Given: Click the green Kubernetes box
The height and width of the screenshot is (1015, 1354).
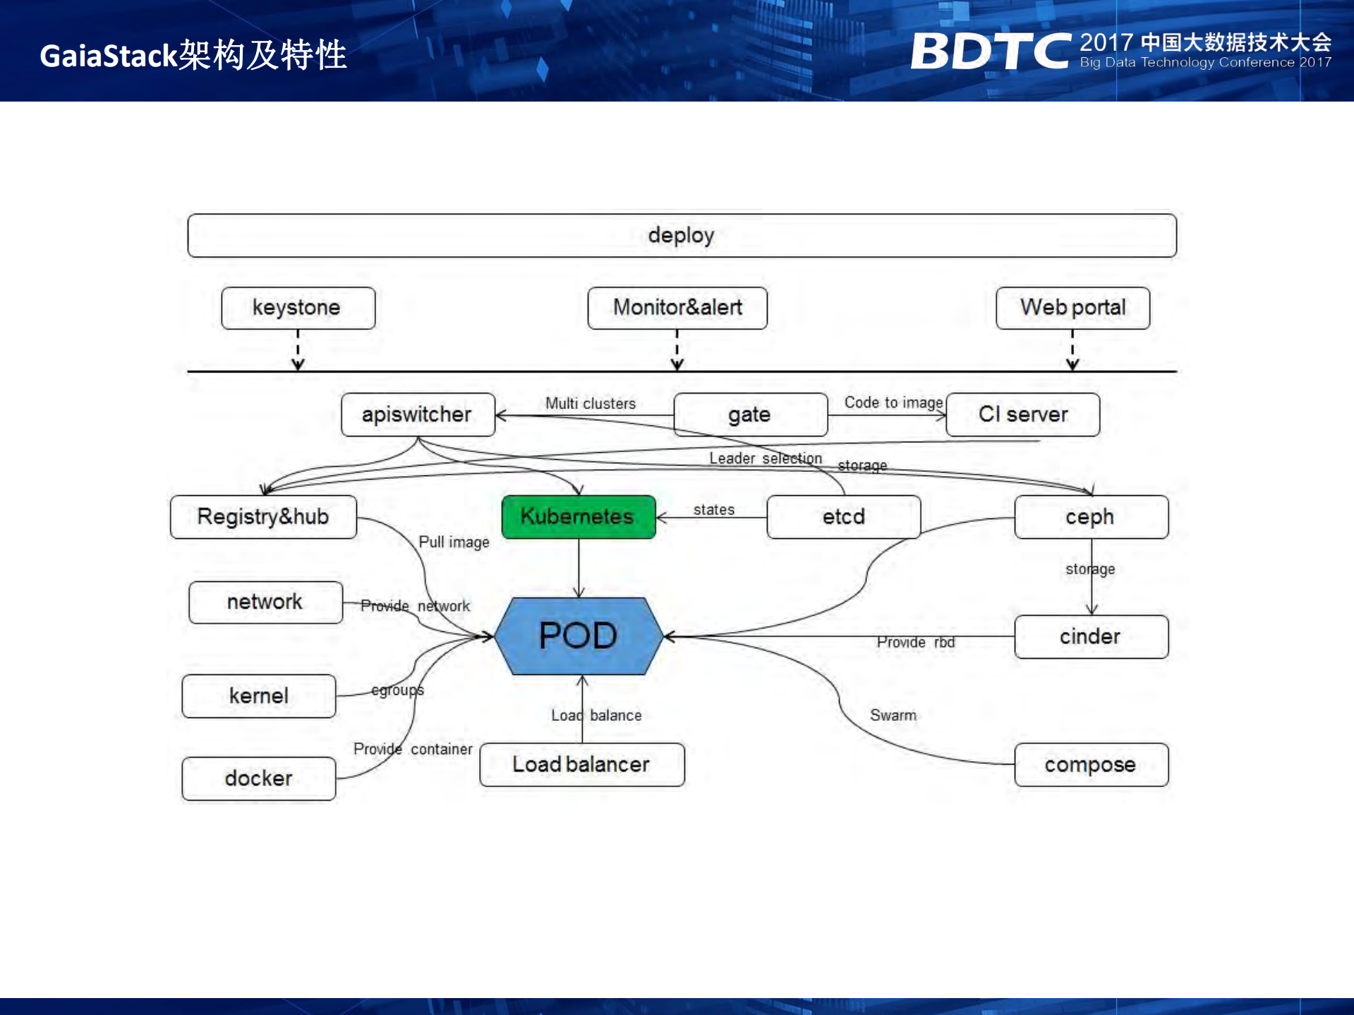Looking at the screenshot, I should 578,517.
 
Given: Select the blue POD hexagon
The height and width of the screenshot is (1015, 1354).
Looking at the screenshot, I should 578,636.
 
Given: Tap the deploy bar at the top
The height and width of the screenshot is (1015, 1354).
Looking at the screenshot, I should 681,236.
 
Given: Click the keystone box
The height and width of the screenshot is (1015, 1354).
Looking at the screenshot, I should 297,308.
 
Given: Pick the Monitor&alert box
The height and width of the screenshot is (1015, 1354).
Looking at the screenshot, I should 677,308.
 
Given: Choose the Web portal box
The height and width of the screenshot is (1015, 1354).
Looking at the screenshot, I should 1072,308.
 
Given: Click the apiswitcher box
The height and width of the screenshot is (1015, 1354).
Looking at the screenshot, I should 417,415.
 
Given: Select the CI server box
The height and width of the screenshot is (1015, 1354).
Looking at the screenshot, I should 1022,415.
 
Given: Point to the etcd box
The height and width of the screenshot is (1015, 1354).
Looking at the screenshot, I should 843,517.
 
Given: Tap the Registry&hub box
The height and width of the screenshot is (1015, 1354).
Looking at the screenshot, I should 262,517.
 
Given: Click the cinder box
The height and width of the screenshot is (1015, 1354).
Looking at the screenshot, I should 1090,637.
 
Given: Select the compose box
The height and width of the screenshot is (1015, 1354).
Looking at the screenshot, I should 1090,765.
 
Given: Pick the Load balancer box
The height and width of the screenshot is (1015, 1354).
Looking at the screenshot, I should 581,765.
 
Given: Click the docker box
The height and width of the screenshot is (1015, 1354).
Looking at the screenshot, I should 258,779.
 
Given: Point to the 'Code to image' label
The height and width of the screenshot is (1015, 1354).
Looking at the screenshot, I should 893,403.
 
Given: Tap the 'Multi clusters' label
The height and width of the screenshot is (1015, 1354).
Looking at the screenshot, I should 590,403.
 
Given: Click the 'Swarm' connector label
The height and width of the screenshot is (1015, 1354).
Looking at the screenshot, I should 893,715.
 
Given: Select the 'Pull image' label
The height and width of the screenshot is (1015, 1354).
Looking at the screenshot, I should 454,542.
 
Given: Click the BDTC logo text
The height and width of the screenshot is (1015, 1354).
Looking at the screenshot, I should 991,51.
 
